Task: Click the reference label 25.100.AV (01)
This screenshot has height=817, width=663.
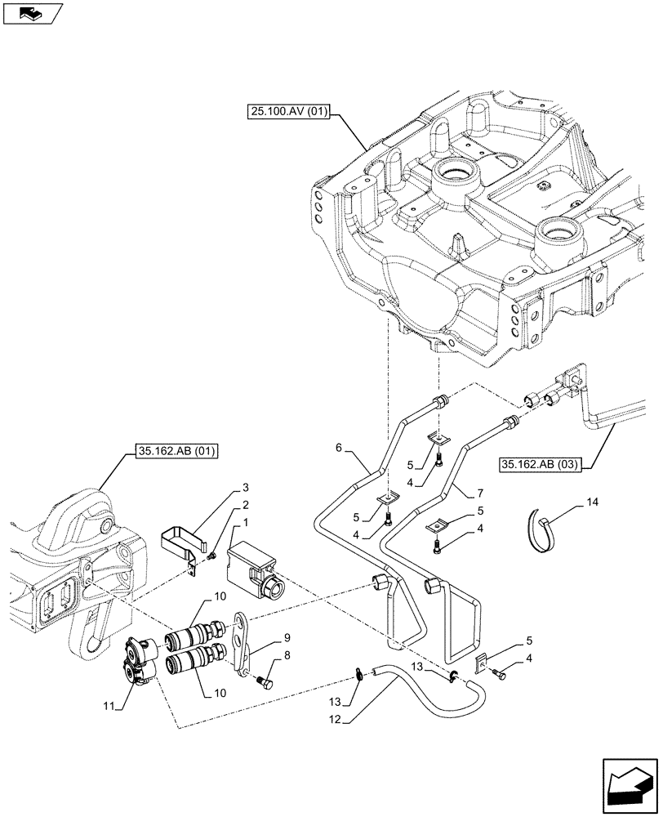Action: click(285, 113)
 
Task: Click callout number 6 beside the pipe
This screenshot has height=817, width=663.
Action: click(339, 449)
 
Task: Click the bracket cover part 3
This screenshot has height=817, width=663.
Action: click(177, 546)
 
